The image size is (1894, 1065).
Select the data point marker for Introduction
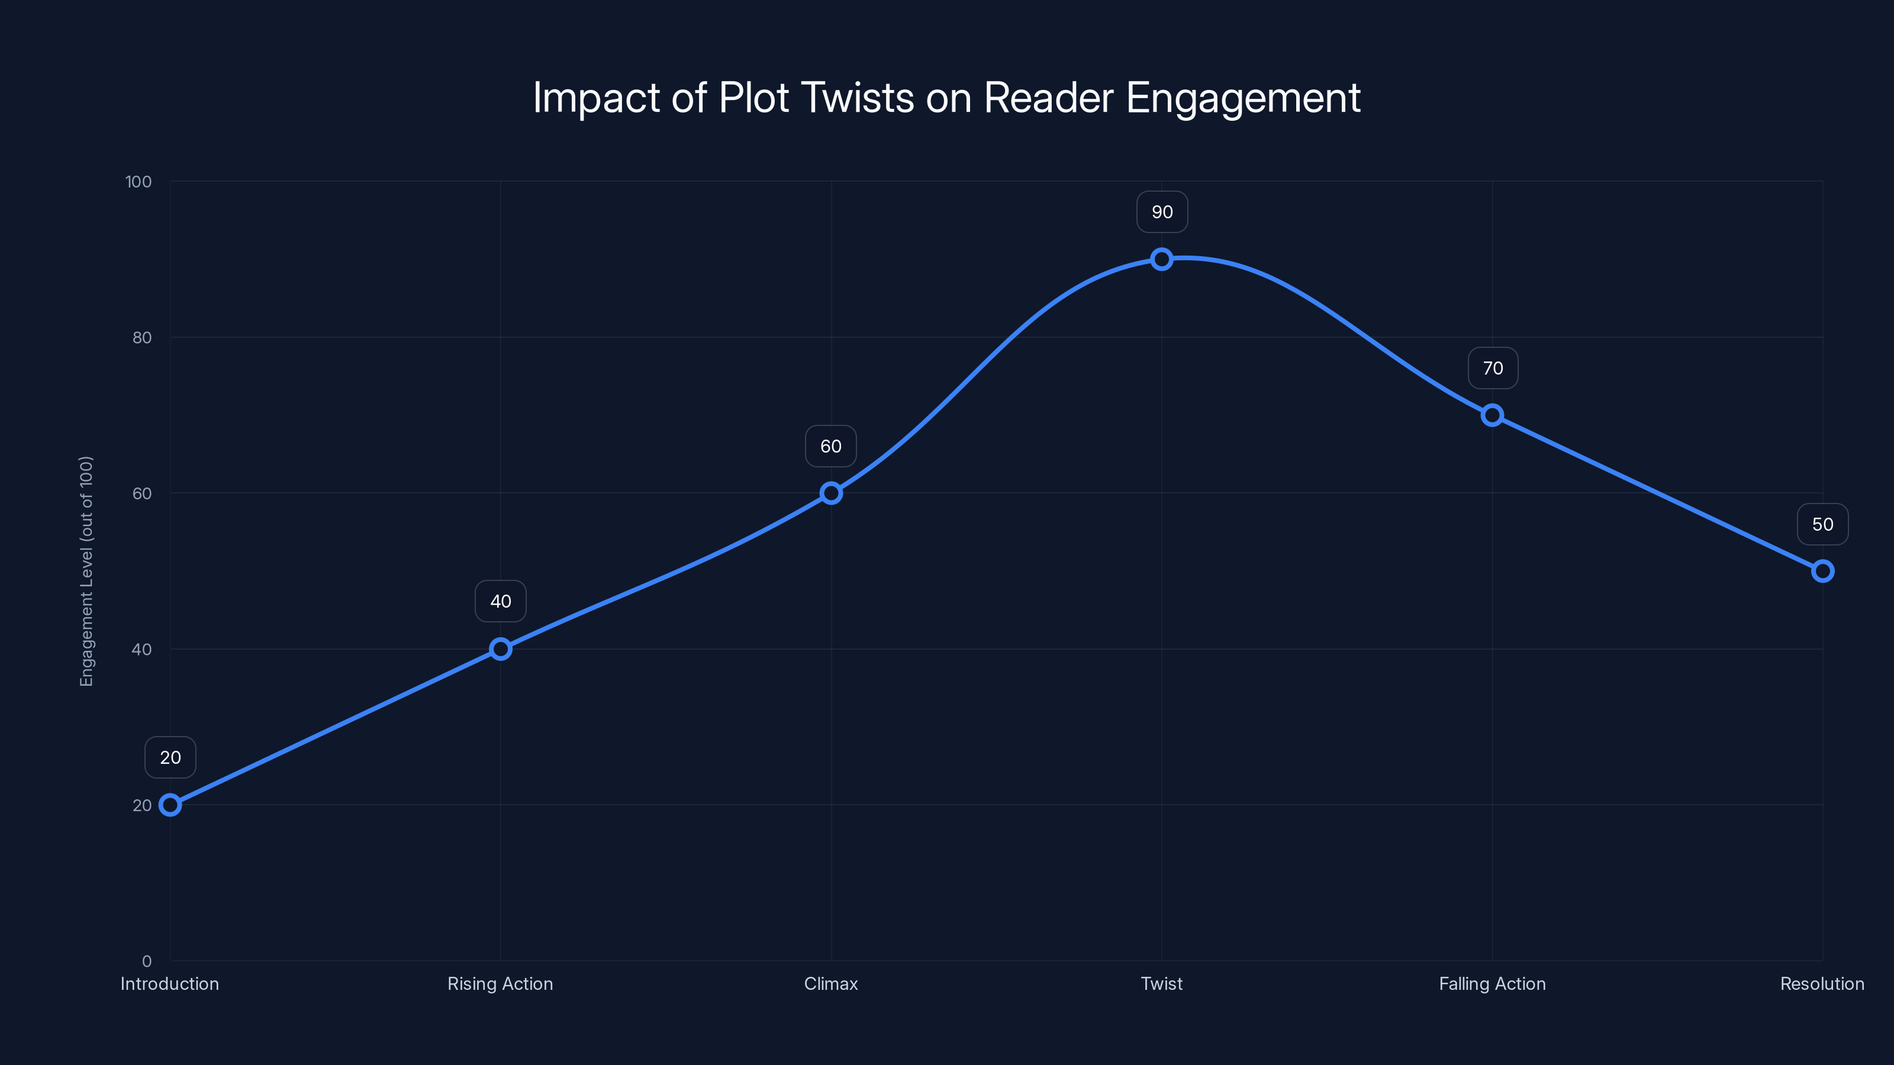point(170,805)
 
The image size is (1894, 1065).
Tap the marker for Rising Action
point(501,649)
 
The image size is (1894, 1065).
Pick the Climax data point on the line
point(831,493)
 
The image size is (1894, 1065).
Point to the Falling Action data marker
point(1492,415)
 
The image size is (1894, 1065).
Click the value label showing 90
point(1162,212)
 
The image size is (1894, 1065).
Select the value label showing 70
point(1493,368)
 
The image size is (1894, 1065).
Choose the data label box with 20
point(170,758)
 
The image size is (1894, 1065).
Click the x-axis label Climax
point(831,984)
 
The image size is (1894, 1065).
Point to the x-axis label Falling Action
point(1492,984)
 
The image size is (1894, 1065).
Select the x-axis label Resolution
point(1822,984)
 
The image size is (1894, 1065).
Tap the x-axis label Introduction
point(170,984)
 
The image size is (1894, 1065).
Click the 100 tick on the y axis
point(138,182)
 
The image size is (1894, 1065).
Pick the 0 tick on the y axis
point(147,961)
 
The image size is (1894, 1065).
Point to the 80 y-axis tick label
point(142,338)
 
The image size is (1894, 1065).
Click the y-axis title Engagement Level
point(87,571)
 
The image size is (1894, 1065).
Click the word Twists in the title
point(856,98)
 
